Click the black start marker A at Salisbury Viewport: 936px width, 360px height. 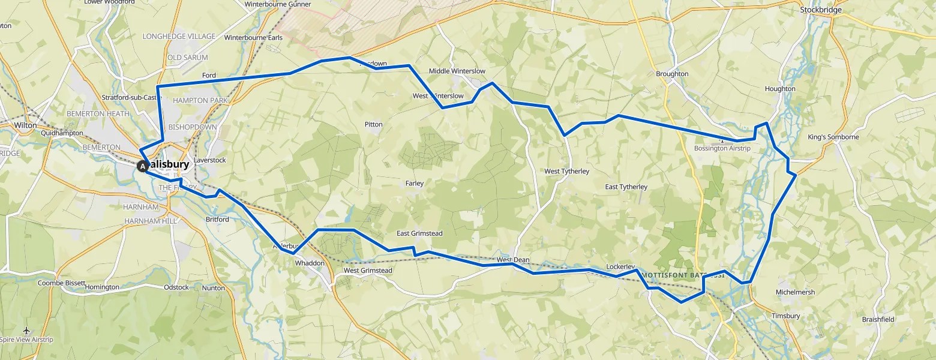(x=143, y=166)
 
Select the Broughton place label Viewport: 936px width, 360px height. (x=672, y=74)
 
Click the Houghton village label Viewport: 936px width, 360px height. (x=779, y=89)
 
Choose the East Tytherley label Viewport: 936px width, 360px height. (x=626, y=187)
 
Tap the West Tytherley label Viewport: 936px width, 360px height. (x=566, y=171)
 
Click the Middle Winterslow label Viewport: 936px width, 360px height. (x=457, y=71)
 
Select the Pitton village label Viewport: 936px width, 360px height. (x=373, y=124)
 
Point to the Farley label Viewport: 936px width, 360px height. (x=414, y=183)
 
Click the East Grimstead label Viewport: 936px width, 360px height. (x=419, y=233)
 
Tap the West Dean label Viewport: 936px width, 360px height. (x=512, y=260)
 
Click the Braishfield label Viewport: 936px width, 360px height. (x=878, y=319)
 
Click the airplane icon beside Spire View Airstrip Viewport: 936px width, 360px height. (x=27, y=331)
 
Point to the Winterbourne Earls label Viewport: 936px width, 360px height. (x=253, y=37)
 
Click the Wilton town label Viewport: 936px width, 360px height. (x=26, y=125)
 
